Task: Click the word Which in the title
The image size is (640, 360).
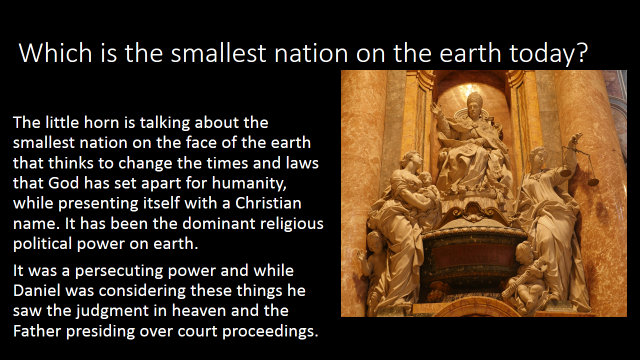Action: [x=56, y=52]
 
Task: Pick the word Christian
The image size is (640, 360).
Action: [x=268, y=203]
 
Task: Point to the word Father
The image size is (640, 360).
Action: [x=37, y=331]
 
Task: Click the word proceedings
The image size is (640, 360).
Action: [x=270, y=332]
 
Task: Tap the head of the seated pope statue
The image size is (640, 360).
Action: [x=474, y=106]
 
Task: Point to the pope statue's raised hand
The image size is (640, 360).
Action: [x=436, y=109]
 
